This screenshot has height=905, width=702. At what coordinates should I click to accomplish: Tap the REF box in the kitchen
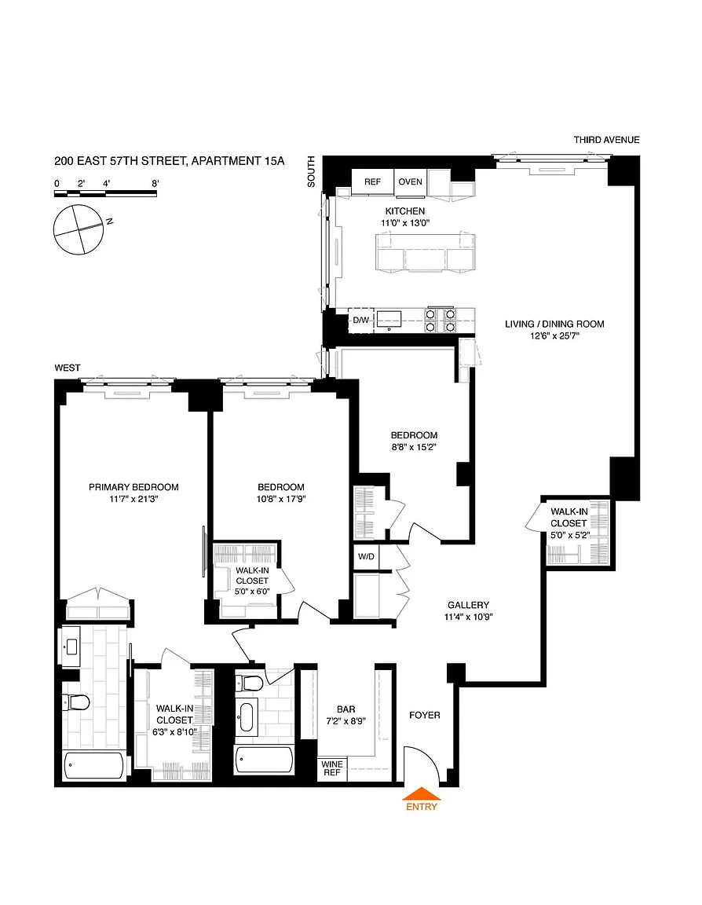click(373, 181)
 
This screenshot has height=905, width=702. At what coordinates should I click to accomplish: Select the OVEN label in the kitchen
click(410, 181)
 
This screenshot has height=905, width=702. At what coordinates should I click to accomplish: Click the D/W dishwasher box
click(361, 321)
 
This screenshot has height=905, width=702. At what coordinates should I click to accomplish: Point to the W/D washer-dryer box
click(366, 556)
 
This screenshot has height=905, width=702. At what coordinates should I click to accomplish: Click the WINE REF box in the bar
click(332, 769)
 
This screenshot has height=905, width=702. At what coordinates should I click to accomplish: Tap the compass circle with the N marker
click(79, 229)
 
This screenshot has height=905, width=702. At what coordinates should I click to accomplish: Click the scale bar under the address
click(105, 193)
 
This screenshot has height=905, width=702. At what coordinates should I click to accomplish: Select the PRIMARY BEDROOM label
click(133, 487)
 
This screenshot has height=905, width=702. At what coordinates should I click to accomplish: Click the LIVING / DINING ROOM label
click(554, 324)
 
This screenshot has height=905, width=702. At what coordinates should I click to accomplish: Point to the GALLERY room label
click(468, 605)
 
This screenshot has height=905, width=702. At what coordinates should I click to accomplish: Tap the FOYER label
click(425, 715)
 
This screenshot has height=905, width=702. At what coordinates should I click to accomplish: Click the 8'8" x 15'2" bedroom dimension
click(414, 447)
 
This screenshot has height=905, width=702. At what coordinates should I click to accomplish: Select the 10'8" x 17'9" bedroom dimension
click(281, 499)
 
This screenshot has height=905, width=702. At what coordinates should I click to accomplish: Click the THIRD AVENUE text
click(607, 140)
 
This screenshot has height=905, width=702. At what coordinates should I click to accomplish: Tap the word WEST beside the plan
click(68, 368)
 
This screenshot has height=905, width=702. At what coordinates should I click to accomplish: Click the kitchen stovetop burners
click(440, 321)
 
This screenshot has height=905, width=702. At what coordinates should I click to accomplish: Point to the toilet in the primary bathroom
click(76, 702)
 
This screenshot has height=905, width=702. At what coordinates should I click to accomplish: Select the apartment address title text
click(170, 161)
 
